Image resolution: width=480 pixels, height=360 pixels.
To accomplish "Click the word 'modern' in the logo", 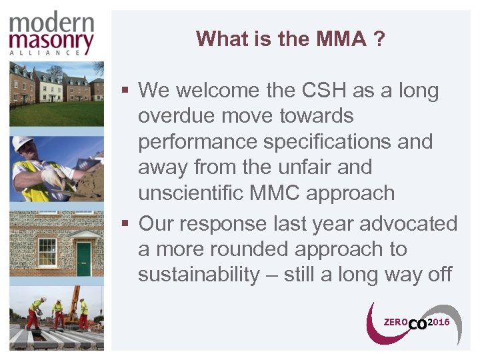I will click(x=52, y=23).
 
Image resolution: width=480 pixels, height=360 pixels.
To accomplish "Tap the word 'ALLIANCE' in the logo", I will click(x=52, y=53).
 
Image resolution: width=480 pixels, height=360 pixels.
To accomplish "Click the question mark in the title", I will click(x=379, y=39).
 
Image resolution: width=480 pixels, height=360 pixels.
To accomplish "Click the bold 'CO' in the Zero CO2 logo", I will click(x=417, y=324).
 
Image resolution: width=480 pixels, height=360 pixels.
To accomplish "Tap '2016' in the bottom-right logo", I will click(x=438, y=322).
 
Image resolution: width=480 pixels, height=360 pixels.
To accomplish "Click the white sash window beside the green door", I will click(x=46, y=252).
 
